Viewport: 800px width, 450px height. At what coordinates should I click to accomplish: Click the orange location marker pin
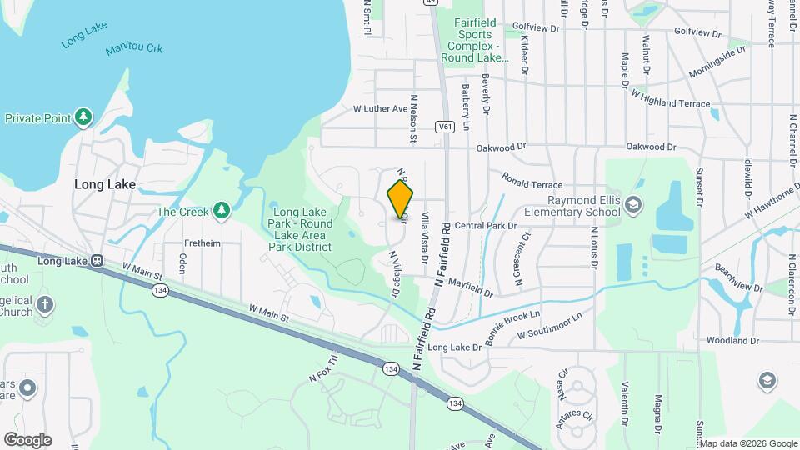pos(401,199)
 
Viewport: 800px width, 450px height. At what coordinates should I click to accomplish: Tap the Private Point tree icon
pos(82,117)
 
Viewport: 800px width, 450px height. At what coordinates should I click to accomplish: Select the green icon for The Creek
pos(221,211)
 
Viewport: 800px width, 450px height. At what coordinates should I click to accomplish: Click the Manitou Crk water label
pos(133,50)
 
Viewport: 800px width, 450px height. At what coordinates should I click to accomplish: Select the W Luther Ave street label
pos(380,108)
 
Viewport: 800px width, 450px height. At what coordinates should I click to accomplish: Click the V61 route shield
pos(444,127)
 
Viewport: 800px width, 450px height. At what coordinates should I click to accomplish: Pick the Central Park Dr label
pos(486,225)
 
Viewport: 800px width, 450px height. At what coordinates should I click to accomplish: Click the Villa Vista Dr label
pos(424,237)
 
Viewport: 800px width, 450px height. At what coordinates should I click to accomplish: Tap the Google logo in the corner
pos(27,439)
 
